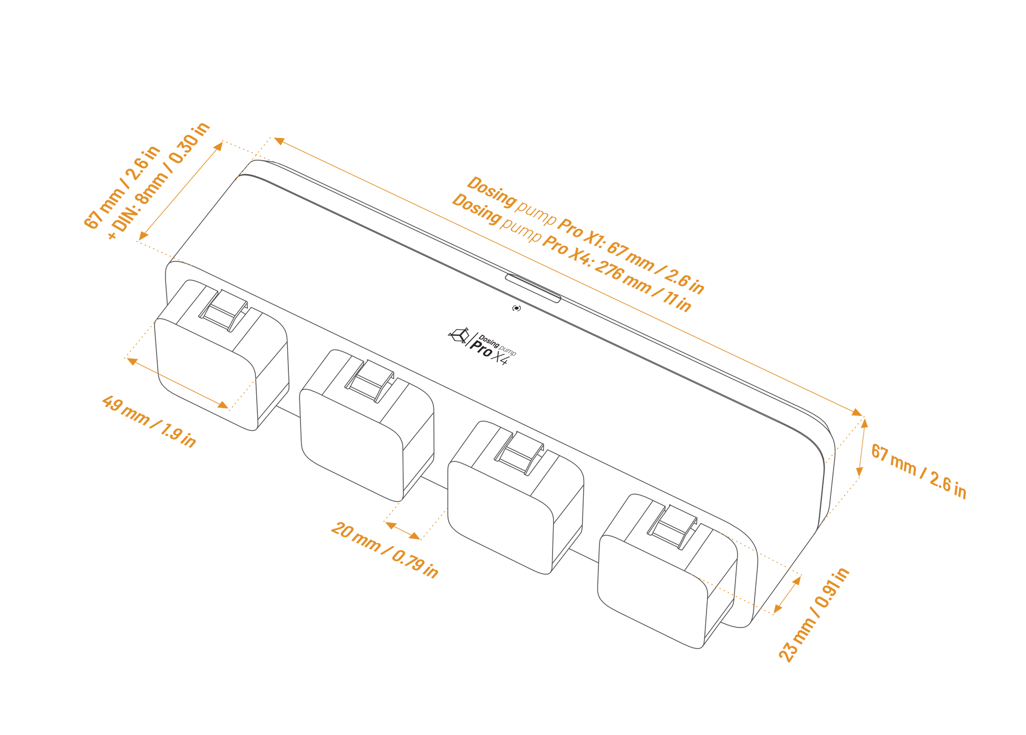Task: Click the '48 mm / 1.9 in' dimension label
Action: point(149,421)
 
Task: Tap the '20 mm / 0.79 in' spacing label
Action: point(384,550)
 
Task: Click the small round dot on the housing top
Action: point(517,308)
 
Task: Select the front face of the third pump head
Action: point(498,517)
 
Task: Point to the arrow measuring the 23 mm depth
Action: point(788,594)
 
